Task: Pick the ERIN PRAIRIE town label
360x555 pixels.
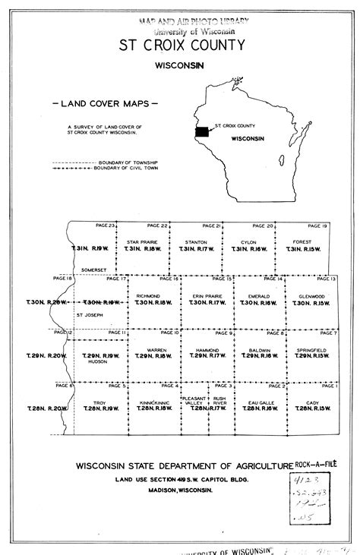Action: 201,295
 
